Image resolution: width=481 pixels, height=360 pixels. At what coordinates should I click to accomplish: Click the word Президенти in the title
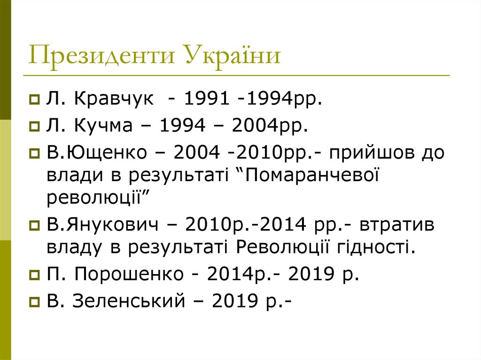click(x=100, y=56)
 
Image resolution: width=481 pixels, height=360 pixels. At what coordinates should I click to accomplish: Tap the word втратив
click(x=398, y=225)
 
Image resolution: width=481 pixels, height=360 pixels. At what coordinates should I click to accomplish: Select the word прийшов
click(x=359, y=153)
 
